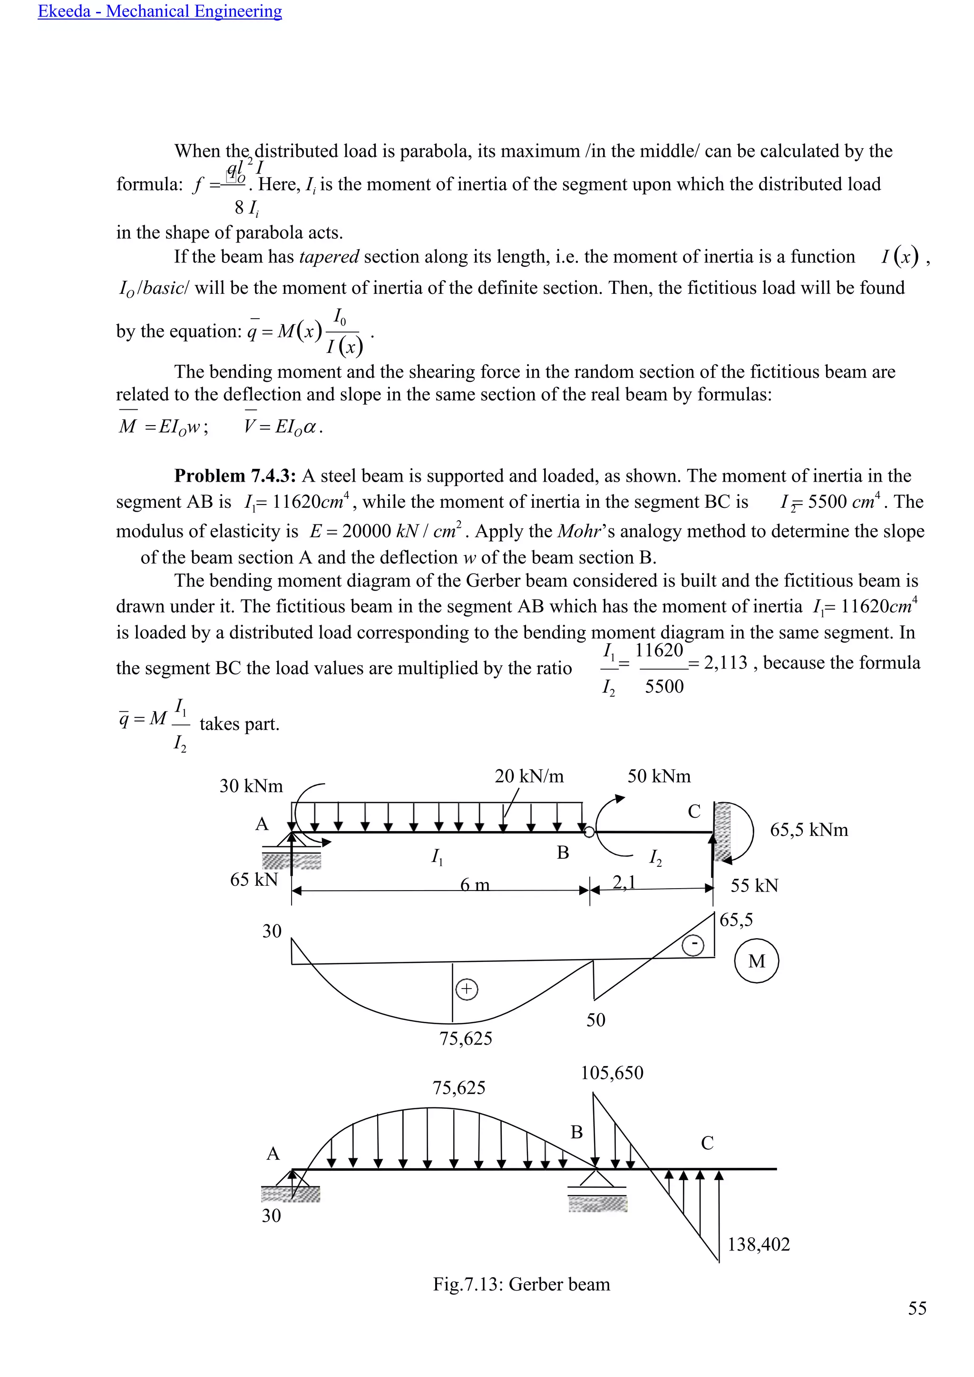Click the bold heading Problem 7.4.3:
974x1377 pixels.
point(234,476)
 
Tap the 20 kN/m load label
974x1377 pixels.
point(529,776)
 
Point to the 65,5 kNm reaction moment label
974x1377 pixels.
point(808,830)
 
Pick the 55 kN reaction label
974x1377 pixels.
point(754,886)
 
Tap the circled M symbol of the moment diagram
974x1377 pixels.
point(756,961)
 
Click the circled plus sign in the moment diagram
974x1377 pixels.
point(467,989)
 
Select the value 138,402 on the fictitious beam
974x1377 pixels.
point(758,1244)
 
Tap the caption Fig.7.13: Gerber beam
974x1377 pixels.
point(521,1285)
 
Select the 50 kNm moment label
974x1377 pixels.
point(659,776)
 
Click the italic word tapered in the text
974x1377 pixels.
point(329,257)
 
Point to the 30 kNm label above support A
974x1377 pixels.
point(251,786)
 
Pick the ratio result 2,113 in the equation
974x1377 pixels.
point(725,663)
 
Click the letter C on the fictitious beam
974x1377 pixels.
point(707,1143)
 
